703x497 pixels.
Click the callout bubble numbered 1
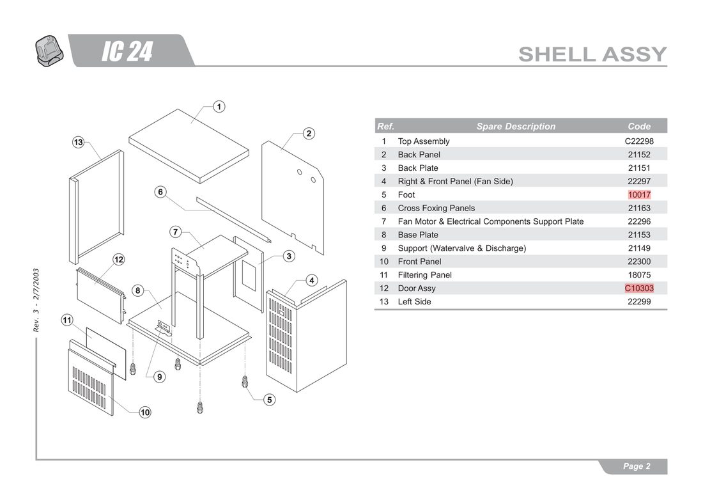pyautogui.click(x=219, y=107)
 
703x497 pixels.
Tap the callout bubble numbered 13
pyautogui.click(x=79, y=142)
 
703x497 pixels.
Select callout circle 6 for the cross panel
pyautogui.click(x=160, y=192)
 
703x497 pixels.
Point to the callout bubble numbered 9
pyautogui.click(x=160, y=377)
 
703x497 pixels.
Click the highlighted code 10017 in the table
pyautogui.click(x=639, y=194)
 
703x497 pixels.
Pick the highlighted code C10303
pyautogui.click(x=639, y=288)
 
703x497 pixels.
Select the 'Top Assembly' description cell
pyautogui.click(x=424, y=141)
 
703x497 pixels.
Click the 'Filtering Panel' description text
pyautogui.click(x=424, y=275)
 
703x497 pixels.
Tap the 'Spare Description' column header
pyautogui.click(x=516, y=127)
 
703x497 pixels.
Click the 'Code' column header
pyautogui.click(x=639, y=127)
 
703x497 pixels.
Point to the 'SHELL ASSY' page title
pyautogui.click(x=592, y=54)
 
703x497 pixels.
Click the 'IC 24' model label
pyautogui.click(x=127, y=51)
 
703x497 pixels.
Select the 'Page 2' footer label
pyautogui.click(x=636, y=466)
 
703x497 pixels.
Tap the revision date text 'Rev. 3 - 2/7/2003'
pyautogui.click(x=36, y=300)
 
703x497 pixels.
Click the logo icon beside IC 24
pyautogui.click(x=49, y=51)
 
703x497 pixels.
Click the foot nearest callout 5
pyautogui.click(x=245, y=382)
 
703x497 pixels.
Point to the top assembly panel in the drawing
pyautogui.click(x=189, y=146)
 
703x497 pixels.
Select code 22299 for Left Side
pyautogui.click(x=639, y=301)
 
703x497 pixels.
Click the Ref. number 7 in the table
pyautogui.click(x=384, y=221)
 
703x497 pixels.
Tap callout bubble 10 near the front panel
pyautogui.click(x=145, y=412)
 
